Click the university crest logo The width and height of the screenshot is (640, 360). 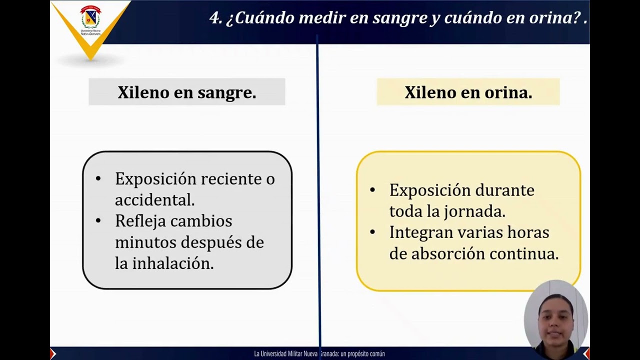point(90,18)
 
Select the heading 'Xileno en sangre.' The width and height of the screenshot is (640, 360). point(187,92)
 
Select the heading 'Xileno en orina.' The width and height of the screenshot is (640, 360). point(468,92)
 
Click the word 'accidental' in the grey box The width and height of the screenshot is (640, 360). point(154,200)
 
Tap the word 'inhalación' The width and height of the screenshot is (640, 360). point(172,263)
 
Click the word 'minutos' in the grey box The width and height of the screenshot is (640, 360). point(145,242)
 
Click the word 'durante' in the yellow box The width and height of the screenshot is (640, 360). point(504,190)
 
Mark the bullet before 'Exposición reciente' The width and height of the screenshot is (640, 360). point(98,179)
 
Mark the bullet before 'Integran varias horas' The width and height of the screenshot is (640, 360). point(372,232)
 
